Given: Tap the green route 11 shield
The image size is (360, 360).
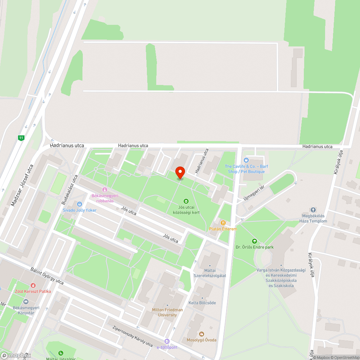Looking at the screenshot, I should pos(21,138).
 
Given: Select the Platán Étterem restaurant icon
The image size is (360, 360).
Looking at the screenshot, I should pos(223,222).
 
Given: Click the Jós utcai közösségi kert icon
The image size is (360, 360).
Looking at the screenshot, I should pos(186,201).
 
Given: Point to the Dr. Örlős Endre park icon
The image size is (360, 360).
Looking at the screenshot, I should pos(255,241).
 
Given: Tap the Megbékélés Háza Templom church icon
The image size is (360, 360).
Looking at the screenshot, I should pos(313,210).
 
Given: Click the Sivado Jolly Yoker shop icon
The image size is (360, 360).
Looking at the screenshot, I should pos(80,203).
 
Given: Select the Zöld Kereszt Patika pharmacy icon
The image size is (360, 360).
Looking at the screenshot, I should pos(33,285).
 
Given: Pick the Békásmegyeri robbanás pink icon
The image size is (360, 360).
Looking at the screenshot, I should pos(105,189).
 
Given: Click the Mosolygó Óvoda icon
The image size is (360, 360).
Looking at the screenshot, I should pos(201,334).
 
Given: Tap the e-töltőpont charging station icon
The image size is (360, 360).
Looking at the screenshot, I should pos(167,341).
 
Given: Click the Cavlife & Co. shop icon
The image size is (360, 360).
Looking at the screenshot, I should pos(247,160).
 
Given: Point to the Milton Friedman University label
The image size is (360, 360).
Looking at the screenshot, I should pos(167,312).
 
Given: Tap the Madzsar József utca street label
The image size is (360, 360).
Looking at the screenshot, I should pos(22,185).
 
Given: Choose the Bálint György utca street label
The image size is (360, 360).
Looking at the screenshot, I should pos(47,276).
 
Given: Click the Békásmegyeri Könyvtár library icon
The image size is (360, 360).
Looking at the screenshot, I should pos(26,302).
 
